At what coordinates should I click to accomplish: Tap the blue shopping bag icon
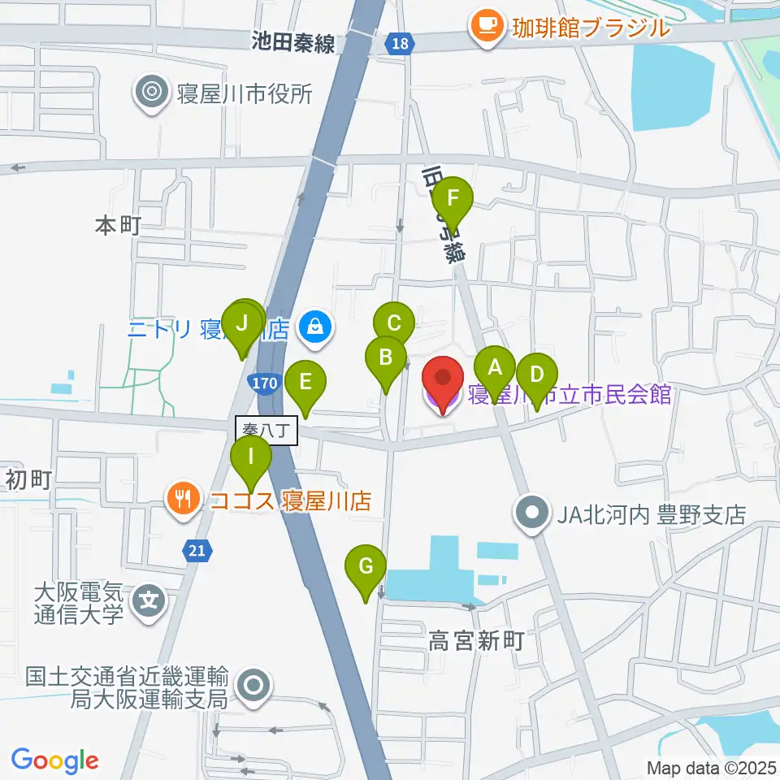click(314, 328)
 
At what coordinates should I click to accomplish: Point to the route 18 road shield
click(399, 45)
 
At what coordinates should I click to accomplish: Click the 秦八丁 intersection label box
click(267, 431)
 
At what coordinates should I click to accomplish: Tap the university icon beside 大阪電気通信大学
click(150, 602)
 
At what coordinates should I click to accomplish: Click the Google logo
click(54, 760)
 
